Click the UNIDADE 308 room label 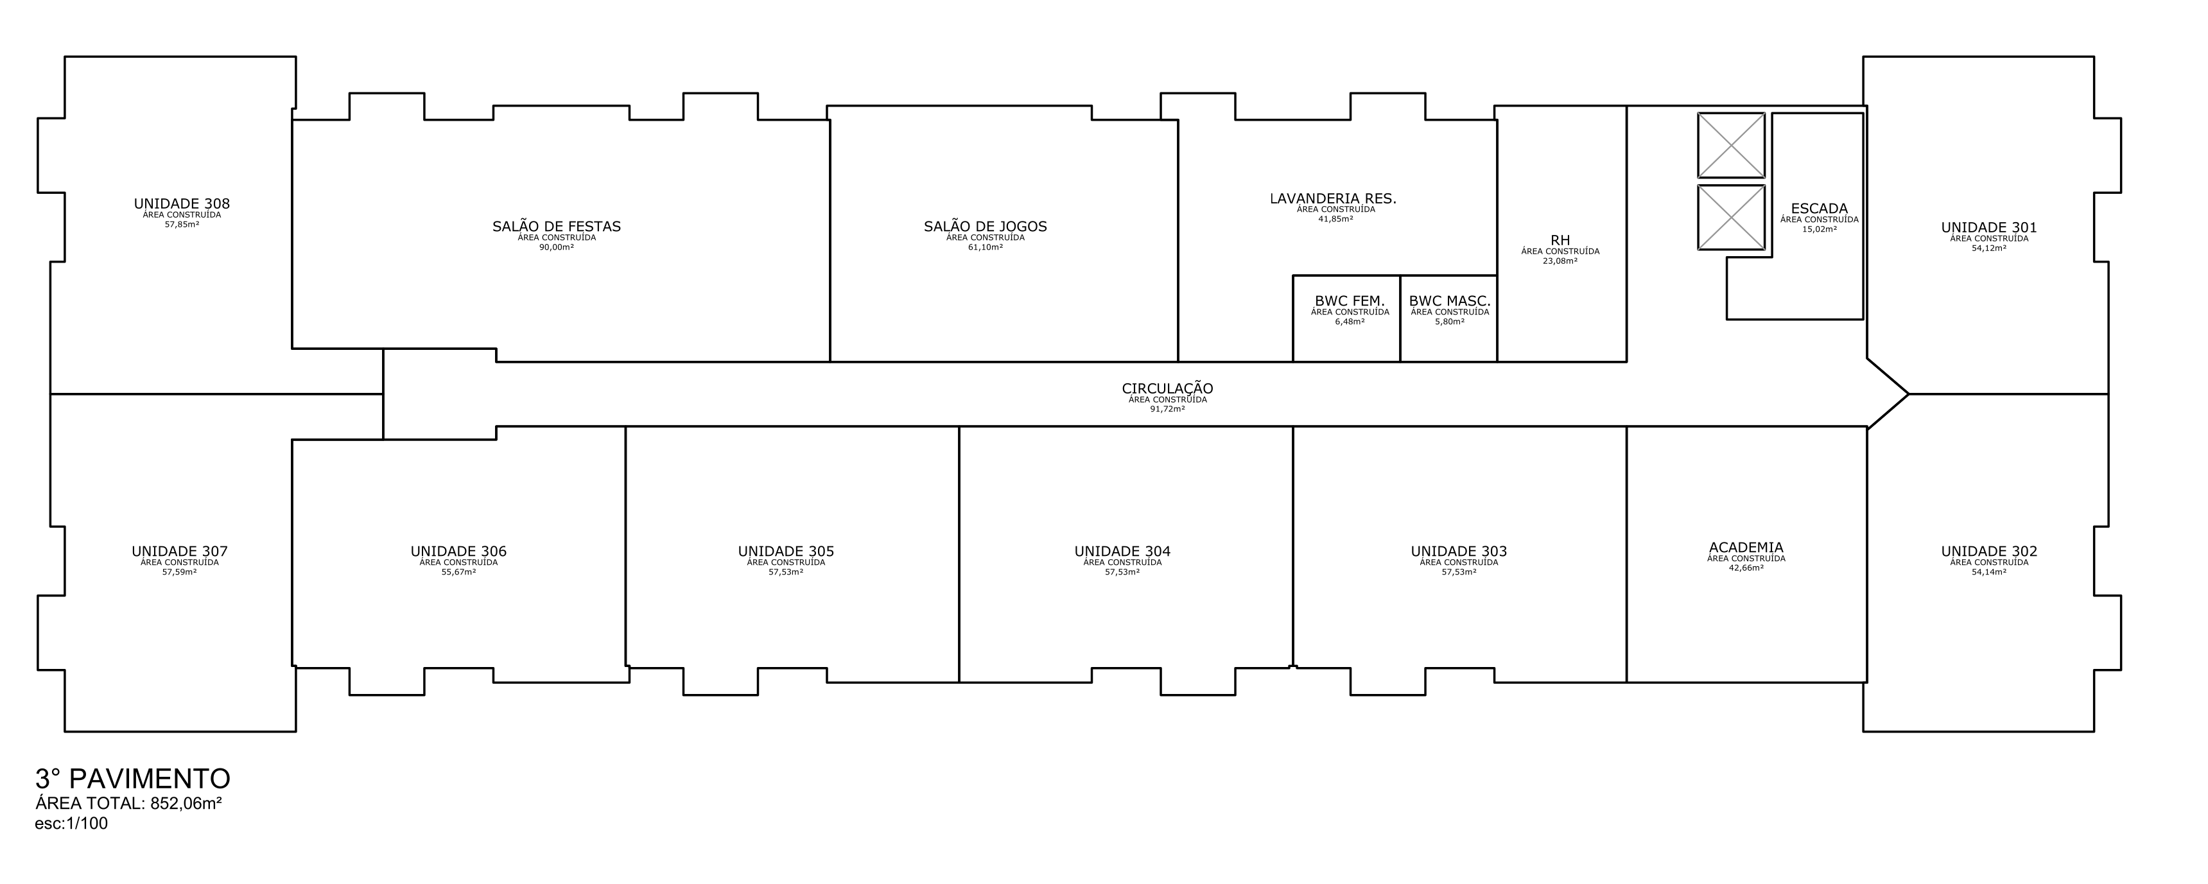point(182,204)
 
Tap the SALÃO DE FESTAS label point(556,227)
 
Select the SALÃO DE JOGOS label point(985,227)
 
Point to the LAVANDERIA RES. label point(1333,199)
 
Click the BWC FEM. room point(1346,318)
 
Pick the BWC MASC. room point(1448,318)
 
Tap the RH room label point(1560,241)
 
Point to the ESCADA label point(1819,209)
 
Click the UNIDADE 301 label point(1988,228)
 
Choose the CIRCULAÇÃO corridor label point(1167,389)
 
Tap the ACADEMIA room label point(1746,548)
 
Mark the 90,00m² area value point(556,247)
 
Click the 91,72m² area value point(1167,409)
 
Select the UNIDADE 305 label point(786,552)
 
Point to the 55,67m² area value point(458,572)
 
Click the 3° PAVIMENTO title point(133,779)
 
